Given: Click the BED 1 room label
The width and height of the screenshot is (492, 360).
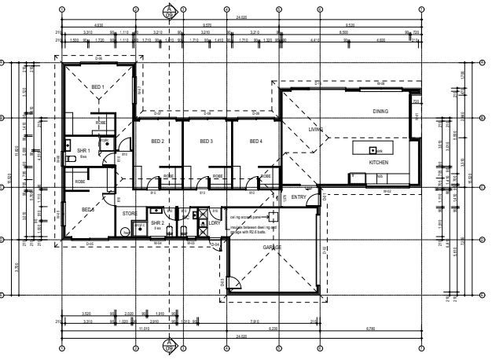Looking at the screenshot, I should (x=98, y=86).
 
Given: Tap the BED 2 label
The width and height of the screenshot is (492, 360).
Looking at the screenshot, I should (x=156, y=141).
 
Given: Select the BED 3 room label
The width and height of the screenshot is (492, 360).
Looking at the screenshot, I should (x=206, y=141).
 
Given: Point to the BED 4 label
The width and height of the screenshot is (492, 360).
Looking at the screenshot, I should (x=255, y=141).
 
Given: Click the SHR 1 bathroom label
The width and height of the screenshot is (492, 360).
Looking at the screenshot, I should (x=83, y=150).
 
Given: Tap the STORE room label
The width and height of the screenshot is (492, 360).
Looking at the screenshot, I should (x=130, y=212).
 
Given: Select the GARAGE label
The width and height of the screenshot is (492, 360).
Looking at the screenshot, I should (x=272, y=247).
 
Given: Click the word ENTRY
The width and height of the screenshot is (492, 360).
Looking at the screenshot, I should (x=299, y=197).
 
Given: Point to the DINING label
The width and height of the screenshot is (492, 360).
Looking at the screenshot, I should (x=380, y=112).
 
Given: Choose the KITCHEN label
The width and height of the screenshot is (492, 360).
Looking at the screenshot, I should (x=379, y=162).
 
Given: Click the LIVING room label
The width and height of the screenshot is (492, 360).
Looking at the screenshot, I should (x=316, y=129).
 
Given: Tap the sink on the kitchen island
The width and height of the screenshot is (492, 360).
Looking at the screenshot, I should (x=372, y=149).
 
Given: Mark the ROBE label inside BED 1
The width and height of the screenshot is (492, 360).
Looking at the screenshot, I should (x=101, y=123).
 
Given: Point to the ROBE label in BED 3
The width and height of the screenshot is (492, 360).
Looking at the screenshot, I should (x=217, y=176).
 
